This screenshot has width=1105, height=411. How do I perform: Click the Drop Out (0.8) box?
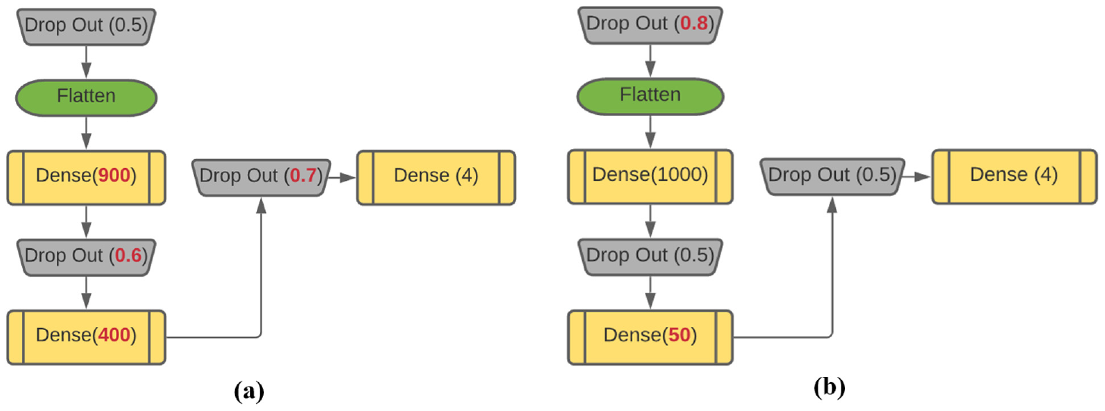click(x=650, y=25)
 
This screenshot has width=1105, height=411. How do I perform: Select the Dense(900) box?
click(x=86, y=177)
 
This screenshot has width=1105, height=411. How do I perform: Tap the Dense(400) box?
click(x=86, y=337)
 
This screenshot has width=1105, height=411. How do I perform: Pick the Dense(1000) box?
click(x=650, y=176)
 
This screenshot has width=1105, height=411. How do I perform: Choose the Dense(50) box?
click(x=650, y=337)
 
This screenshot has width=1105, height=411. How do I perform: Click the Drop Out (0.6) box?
click(x=86, y=257)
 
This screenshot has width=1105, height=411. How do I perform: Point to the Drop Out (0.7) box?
click(x=261, y=177)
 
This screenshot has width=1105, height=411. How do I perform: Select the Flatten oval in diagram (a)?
click(x=86, y=98)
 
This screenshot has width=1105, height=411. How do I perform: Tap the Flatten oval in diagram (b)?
click(x=650, y=96)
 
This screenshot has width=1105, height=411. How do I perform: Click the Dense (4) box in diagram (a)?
click(x=436, y=177)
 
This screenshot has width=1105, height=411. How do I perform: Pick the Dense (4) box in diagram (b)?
click(x=1014, y=176)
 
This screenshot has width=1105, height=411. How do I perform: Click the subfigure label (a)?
click(x=249, y=391)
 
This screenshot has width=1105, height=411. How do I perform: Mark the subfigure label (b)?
click(x=829, y=388)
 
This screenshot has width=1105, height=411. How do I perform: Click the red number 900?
click(x=114, y=176)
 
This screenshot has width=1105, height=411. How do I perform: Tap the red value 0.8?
click(x=694, y=23)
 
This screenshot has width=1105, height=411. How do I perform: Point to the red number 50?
click(x=679, y=335)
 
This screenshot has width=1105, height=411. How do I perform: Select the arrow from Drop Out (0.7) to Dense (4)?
click(x=342, y=177)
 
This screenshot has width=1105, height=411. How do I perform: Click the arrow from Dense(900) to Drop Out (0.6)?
click(x=86, y=222)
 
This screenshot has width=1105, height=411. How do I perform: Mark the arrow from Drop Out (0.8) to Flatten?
click(x=650, y=61)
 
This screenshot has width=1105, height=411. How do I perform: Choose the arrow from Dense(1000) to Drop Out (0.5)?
click(x=650, y=221)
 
